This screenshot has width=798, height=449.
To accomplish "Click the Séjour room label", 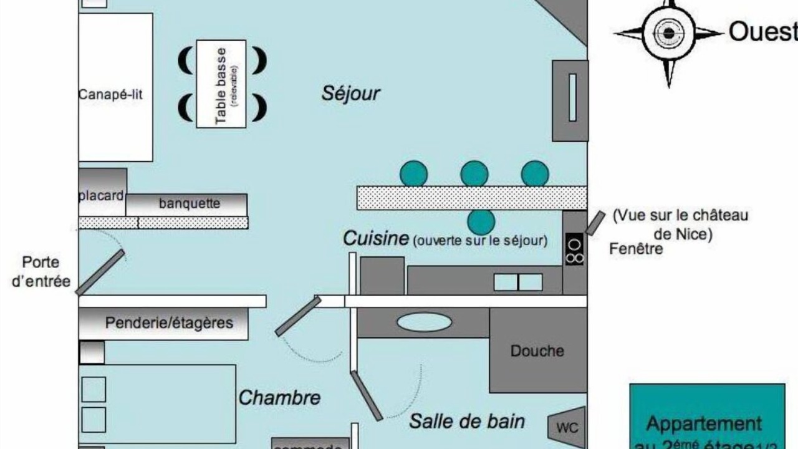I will pyautogui.click(x=350, y=94).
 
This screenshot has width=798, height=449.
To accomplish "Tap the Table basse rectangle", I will pyautogui.click(x=221, y=84).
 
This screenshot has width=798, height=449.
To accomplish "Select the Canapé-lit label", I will pyautogui.click(x=111, y=95).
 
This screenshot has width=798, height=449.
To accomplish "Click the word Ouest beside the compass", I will pyautogui.click(x=762, y=31).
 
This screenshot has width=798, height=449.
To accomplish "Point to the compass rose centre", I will pyautogui.click(x=669, y=32).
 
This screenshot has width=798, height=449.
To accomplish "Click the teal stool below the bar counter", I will pyautogui.click(x=481, y=221).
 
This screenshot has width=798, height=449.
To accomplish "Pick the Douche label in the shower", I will pyautogui.click(x=537, y=351).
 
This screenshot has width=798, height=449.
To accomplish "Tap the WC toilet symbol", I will pyautogui.click(x=567, y=428).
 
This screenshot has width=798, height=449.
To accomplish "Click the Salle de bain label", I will pyautogui.click(x=466, y=422).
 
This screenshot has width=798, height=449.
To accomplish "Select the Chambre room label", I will pyautogui.click(x=279, y=398).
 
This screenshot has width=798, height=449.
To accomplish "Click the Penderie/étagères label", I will pyautogui.click(x=169, y=323).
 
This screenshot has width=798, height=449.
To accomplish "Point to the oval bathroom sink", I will pyautogui.click(x=424, y=322).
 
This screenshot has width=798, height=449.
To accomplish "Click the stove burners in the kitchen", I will pyautogui.click(x=575, y=249).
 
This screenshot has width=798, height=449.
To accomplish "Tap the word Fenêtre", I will pyautogui.click(x=636, y=249).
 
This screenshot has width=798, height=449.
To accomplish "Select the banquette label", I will pyautogui.click(x=190, y=204).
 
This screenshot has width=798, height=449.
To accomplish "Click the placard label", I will pyautogui.click(x=101, y=196).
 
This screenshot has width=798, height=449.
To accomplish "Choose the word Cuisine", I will pyautogui.click(x=376, y=238).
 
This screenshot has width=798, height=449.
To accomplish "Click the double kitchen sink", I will pyautogui.click(x=518, y=282).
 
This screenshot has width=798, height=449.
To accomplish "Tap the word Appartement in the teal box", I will pyautogui.click(x=704, y=424).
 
